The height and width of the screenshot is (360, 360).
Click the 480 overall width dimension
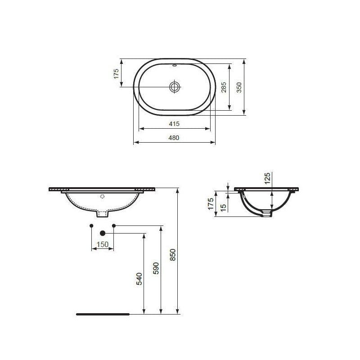(175, 138)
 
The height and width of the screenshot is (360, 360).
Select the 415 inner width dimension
(175, 124)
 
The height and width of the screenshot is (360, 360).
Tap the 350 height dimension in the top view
(239, 87)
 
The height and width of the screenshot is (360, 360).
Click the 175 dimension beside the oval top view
(116, 74)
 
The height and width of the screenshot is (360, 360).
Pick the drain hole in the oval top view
(175, 86)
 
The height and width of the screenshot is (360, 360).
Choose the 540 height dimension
(139, 279)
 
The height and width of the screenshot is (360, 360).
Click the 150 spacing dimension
(103, 244)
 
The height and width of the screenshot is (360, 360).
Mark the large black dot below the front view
(103, 233)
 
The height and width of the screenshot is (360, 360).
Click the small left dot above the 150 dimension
(91, 225)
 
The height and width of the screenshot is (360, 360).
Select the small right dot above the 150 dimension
(114, 225)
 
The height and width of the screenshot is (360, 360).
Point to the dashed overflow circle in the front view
(103, 197)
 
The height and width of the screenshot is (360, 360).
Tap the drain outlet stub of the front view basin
(103, 213)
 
